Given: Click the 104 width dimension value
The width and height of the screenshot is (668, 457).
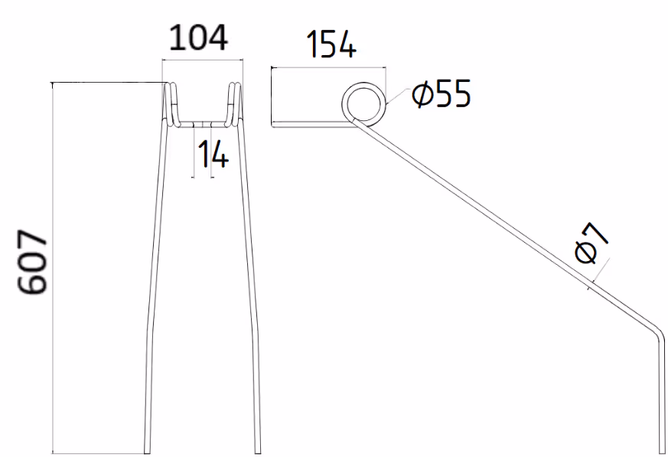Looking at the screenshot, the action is (198, 38).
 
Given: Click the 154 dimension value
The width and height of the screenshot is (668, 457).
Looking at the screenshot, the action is (331, 44).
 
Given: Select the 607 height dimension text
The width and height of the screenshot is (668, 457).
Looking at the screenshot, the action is (32, 262).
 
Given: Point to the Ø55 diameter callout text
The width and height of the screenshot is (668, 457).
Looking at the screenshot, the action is (442, 93).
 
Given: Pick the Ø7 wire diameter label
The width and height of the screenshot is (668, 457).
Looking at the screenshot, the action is (591, 243).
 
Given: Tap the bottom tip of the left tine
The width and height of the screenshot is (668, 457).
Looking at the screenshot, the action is (148, 452).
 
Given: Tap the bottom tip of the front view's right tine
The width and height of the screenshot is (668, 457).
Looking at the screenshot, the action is (258, 452).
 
